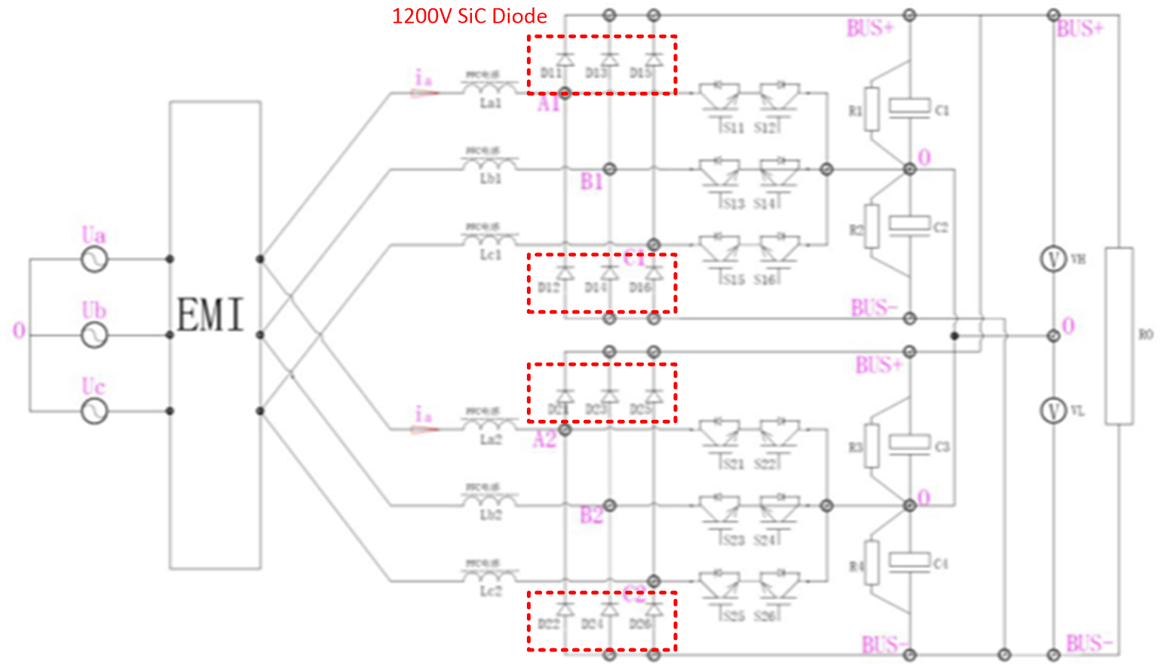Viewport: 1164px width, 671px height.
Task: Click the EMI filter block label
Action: (210, 315)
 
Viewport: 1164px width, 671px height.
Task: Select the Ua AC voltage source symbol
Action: (94, 260)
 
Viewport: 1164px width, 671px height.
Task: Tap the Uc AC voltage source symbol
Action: (94, 411)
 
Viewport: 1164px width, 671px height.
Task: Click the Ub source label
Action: (94, 311)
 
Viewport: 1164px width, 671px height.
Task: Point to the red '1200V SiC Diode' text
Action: (469, 17)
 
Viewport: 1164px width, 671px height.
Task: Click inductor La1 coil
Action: (490, 88)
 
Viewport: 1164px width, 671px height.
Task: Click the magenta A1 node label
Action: (548, 104)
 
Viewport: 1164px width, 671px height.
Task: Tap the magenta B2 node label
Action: (591, 516)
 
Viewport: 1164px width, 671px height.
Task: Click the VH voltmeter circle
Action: (1053, 259)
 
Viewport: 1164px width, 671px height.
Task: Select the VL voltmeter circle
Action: (1053, 410)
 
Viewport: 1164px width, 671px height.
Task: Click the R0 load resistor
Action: (1119, 335)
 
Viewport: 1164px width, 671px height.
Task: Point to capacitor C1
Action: (909, 108)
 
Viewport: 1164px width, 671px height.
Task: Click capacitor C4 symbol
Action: (909, 561)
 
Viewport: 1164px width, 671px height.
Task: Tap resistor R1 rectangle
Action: (872, 110)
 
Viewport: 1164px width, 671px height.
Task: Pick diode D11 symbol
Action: (565, 59)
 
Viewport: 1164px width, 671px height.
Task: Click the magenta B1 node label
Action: (592, 182)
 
